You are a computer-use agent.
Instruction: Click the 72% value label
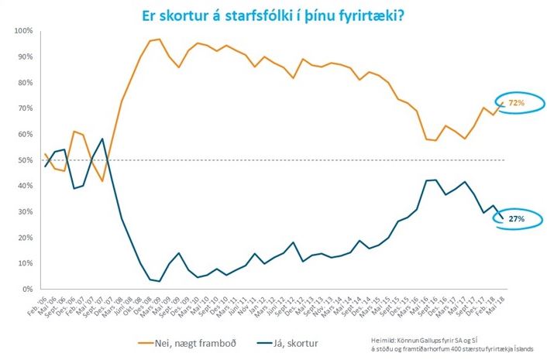[x=516, y=102]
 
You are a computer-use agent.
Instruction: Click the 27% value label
[x=517, y=219]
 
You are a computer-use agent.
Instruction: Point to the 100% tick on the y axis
[x=22, y=30]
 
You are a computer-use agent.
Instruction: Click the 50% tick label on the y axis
[x=24, y=160]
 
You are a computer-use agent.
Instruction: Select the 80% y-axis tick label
[x=24, y=82]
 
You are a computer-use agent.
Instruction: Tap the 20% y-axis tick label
[x=24, y=238]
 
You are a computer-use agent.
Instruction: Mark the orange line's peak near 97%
[x=159, y=39]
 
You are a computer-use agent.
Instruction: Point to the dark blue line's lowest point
[x=159, y=281]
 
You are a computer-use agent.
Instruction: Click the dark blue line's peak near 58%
[x=102, y=139]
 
